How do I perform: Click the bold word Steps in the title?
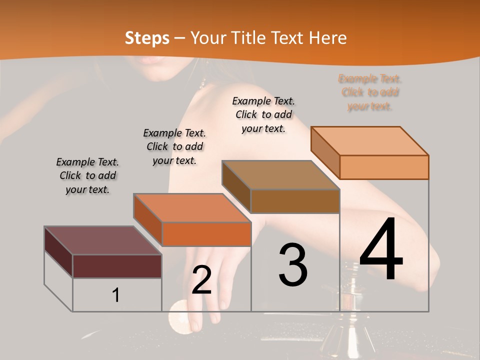[147, 38]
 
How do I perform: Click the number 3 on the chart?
[293, 265]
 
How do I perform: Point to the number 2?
[201, 280]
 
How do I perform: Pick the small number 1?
[116, 295]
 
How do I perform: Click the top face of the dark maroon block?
[102, 240]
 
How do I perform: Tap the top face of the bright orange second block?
[192, 207]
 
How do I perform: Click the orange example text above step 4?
[370, 92]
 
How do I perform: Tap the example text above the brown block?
[263, 114]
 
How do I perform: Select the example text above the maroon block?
[87, 175]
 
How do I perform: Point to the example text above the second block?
[174, 146]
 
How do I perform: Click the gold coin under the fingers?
[179, 316]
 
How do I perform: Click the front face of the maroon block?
[117, 266]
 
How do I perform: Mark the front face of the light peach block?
[384, 167]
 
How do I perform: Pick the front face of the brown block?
[295, 201]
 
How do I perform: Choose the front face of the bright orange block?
[206, 234]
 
